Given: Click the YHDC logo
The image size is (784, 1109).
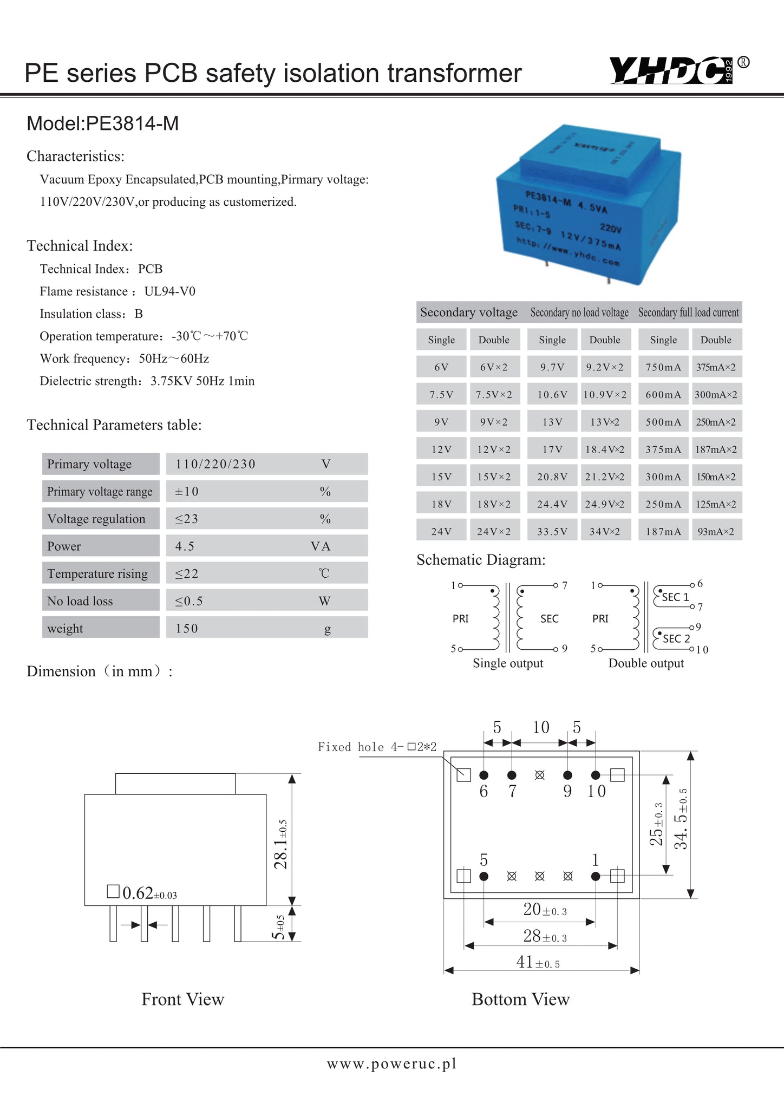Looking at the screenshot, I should click(671, 71).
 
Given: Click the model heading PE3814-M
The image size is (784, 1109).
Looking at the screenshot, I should click(102, 123).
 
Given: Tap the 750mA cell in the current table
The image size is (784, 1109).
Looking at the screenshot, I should click(663, 367).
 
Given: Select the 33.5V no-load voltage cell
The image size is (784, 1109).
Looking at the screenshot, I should click(552, 532).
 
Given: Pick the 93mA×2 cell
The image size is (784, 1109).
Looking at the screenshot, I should click(716, 532).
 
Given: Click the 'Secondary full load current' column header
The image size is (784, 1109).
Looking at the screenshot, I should click(688, 312).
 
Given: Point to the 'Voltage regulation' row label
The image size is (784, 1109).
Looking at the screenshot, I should click(96, 519).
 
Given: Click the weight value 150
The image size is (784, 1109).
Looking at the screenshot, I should click(187, 628).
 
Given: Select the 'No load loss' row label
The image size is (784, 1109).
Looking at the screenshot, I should click(80, 601).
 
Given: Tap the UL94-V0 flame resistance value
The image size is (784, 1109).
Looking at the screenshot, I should click(169, 291).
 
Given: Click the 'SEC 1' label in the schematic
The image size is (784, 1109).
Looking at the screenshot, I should click(675, 597).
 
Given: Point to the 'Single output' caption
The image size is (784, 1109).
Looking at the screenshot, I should click(507, 663).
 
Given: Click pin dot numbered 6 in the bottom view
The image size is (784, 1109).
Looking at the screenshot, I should click(484, 775).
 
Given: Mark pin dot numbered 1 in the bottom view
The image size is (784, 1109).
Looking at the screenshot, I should click(596, 876).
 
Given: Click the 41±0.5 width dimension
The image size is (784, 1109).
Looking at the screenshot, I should click(538, 962).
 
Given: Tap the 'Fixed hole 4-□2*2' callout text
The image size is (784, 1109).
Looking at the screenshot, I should click(377, 747).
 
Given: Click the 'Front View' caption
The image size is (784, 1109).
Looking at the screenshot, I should click(182, 999).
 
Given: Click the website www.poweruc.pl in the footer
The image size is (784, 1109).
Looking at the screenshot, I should click(391, 1064).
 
